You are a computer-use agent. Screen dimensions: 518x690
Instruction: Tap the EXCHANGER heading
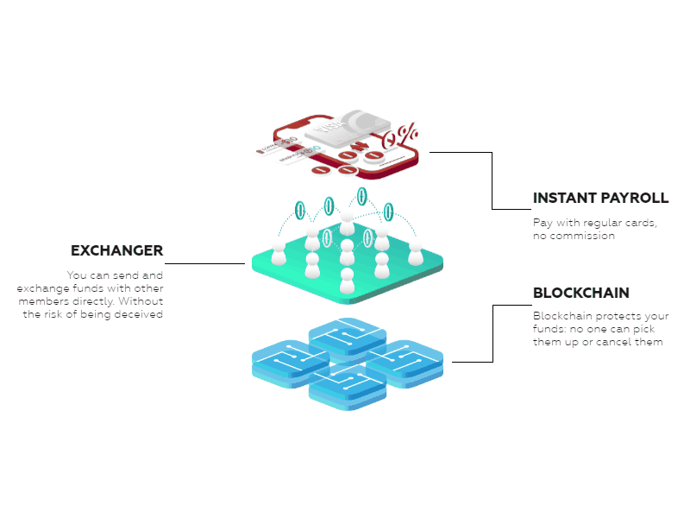tap(116, 251)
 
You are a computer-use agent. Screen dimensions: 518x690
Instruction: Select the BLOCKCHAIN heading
tap(580, 293)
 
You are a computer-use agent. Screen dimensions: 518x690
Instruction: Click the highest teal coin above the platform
tap(361, 196)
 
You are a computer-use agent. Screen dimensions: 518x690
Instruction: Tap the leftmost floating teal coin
tap(300, 209)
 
